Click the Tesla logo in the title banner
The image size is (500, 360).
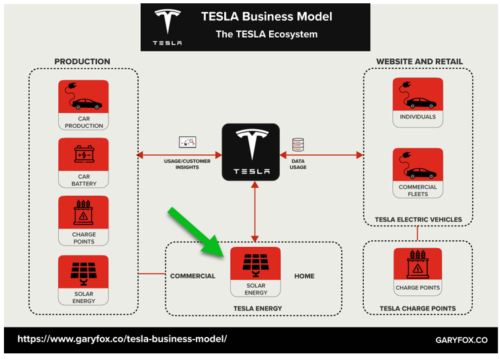point(167,27)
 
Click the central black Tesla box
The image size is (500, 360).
point(251,152)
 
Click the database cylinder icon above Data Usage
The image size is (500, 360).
point(298,144)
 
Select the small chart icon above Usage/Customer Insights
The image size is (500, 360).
point(188,142)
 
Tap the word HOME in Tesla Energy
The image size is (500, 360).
point(304,276)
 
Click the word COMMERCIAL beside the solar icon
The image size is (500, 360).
point(192,276)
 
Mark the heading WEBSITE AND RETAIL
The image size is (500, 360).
point(419,62)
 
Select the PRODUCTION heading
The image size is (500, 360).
point(82,62)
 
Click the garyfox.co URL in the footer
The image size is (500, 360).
point(122,339)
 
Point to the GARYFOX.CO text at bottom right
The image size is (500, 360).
point(462,340)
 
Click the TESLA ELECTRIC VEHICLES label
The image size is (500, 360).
point(418,220)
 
